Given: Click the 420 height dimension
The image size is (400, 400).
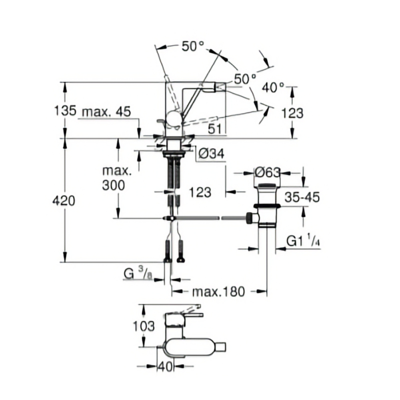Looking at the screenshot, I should (64, 201).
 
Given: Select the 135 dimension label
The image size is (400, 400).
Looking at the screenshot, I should (65, 111).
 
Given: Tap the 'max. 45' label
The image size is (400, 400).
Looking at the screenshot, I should (106, 112).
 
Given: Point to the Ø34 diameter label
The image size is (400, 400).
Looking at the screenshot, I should (211, 153).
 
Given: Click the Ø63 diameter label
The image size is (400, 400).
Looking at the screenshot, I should (267, 173).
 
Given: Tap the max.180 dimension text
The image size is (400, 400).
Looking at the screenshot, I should (218, 292).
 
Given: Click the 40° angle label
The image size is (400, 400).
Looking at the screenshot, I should (273, 87).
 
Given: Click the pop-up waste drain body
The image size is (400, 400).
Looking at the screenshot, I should (267, 208).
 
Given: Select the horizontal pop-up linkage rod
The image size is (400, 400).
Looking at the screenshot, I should (208, 218).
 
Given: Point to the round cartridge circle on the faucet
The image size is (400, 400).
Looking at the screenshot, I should (174, 119).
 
